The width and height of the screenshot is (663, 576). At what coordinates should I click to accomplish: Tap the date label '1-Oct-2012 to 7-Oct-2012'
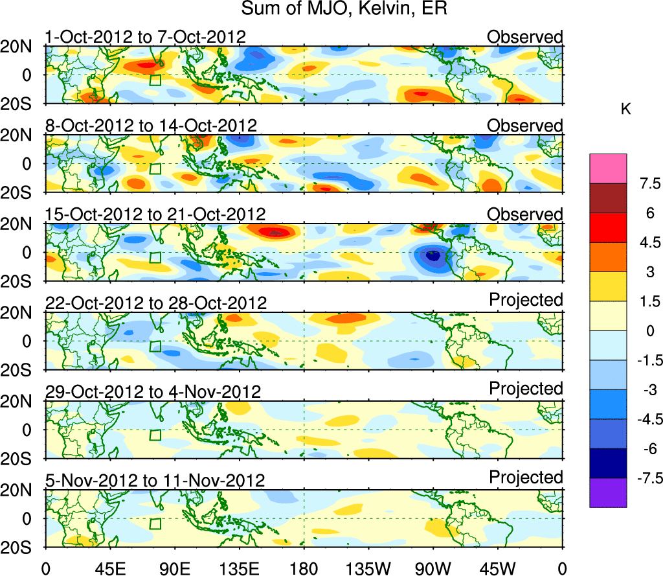146,37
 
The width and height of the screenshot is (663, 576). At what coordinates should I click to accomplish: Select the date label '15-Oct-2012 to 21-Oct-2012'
155,214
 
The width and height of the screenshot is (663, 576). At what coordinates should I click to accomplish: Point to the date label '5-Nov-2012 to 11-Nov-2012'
155,481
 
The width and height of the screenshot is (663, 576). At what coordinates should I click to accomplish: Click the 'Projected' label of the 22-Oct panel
526,300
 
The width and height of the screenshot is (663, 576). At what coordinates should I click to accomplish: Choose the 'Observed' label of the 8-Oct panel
525,126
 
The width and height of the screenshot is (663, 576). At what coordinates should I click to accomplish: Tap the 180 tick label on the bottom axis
304,568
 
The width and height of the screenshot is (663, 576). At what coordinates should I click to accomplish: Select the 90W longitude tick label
433,568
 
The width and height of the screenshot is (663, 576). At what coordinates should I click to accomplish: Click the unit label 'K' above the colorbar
625,110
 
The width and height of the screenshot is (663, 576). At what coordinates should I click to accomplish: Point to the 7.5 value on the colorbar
644,183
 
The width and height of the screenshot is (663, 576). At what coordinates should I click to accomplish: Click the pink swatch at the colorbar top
608,168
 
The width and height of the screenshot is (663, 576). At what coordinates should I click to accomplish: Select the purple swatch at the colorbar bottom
608,493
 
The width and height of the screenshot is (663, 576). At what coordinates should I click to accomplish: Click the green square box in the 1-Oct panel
155,80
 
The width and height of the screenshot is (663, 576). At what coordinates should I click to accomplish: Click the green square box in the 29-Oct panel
155,435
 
